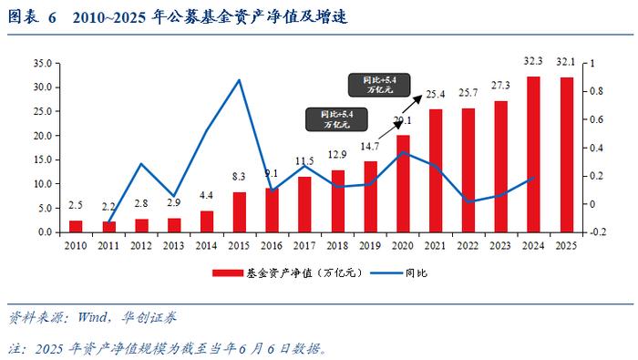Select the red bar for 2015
pos(240,211)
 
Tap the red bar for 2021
pos(437,170)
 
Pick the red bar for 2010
pos(76,226)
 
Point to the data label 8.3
pos(240,176)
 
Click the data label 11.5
pos(305,161)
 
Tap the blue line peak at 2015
pos(240,80)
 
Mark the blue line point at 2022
pos(469,201)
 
